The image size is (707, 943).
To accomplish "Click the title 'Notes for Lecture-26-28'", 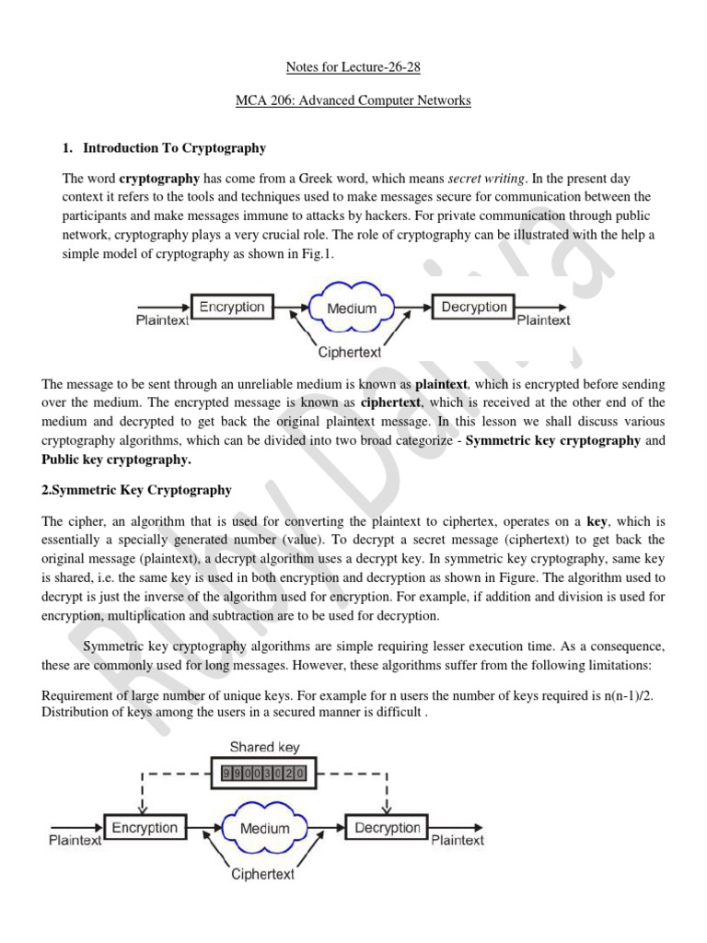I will tap(353, 67).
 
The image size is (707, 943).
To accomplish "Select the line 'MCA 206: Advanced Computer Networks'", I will tap(353, 100).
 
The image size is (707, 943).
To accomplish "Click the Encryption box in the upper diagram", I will tap(231, 308).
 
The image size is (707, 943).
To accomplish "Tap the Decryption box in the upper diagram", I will tap(473, 308).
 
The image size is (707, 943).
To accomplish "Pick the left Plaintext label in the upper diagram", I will tap(163, 320).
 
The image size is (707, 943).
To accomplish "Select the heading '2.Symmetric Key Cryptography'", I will tap(136, 490).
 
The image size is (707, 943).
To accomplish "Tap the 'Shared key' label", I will tap(264, 747).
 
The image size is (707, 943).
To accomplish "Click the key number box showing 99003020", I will tap(265, 774).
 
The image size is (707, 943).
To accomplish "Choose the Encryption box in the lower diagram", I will tap(145, 828).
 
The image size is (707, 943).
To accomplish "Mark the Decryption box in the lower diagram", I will tap(388, 828).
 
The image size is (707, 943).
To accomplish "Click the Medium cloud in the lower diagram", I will tap(266, 829).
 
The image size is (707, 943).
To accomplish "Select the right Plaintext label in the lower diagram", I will tap(457, 840).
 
